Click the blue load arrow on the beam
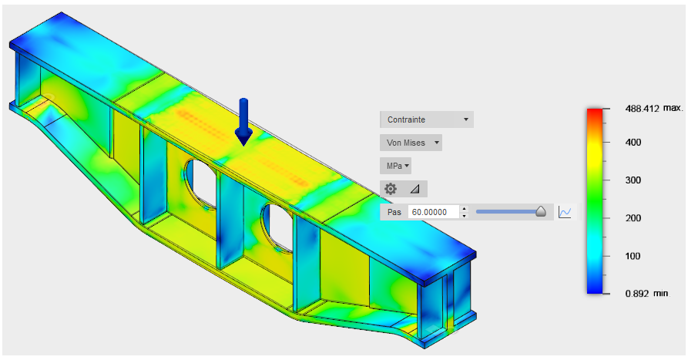(x=243, y=122)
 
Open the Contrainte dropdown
(x=427, y=119)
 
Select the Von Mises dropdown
(x=411, y=143)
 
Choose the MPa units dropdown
(x=395, y=166)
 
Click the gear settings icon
(x=391, y=189)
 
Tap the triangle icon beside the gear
(x=414, y=189)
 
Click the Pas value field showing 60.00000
(x=434, y=212)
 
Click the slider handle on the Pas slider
(x=541, y=212)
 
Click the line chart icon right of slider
(x=565, y=212)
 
